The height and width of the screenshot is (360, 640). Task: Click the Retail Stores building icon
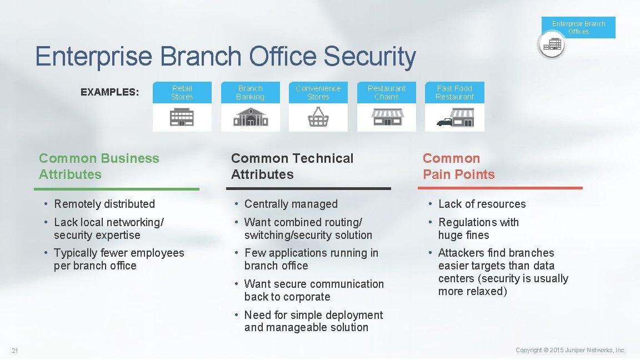point(182,117)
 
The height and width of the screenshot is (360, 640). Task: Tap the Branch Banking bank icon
point(250,117)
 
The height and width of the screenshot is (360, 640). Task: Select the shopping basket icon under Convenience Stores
point(318,117)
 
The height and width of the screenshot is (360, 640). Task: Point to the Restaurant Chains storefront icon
point(387,117)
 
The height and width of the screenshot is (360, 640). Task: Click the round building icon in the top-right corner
point(551,44)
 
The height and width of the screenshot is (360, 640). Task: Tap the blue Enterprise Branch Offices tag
point(578,27)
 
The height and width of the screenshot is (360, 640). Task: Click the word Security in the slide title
point(369,57)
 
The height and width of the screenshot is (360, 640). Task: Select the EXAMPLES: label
point(110,92)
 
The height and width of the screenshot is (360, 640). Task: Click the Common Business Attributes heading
point(99,166)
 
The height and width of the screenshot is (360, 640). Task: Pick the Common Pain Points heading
point(458,166)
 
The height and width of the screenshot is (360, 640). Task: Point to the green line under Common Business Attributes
point(119,189)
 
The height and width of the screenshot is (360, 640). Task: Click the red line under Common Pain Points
point(503,188)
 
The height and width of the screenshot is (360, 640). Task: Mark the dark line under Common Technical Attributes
point(311,189)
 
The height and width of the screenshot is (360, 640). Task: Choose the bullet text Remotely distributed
point(104,204)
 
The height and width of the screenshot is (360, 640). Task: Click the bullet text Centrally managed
point(291,204)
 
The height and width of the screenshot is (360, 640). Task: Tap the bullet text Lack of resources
point(482,204)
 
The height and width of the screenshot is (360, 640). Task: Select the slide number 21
point(15,350)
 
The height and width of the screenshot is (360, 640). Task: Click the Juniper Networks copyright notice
point(571,350)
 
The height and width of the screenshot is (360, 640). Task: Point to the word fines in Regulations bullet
point(476,236)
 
